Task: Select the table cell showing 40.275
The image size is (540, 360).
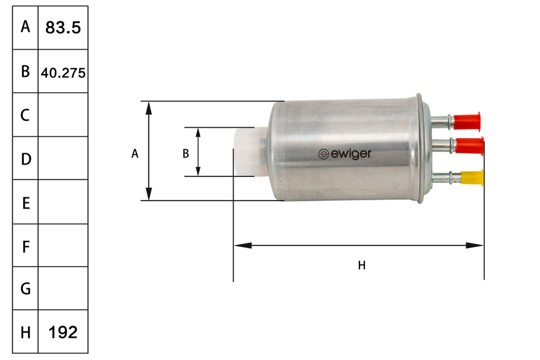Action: pos(63,72)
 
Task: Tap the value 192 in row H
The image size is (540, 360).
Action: pos(63,332)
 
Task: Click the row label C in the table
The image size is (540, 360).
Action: pos(25,115)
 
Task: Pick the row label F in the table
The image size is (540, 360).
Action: pos(25,247)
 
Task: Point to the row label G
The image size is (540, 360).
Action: pos(25,289)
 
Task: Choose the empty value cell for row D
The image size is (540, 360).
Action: pos(63,158)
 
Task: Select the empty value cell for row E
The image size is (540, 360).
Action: pos(63,202)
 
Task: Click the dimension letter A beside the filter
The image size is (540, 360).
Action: pos(135,154)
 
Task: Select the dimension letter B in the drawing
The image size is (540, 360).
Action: pos(186,154)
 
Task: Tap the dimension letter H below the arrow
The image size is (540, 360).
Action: pos(362,265)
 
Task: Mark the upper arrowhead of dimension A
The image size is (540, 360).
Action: pos(150,107)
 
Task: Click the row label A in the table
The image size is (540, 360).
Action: pos(25,27)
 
